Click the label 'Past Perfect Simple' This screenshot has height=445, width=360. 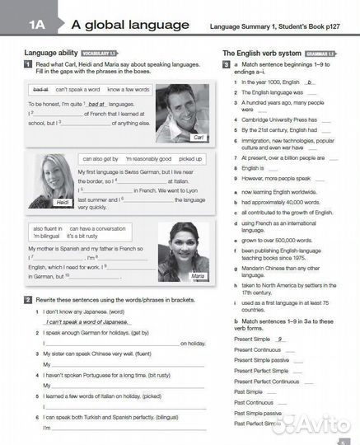tap(258, 423)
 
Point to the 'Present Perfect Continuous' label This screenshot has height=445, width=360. tap(266, 382)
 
